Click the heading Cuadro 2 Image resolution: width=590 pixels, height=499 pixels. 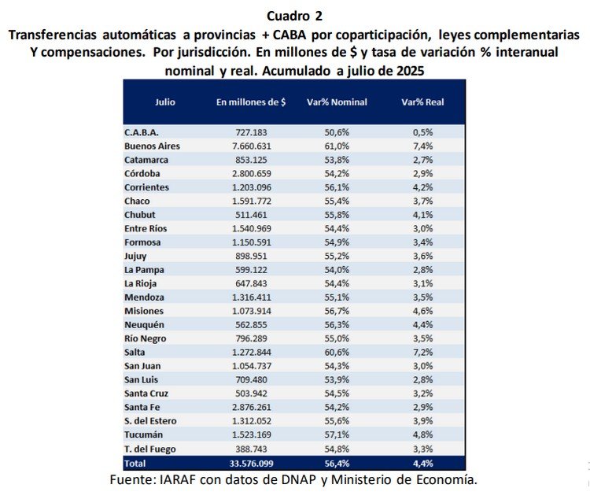pyautogui.click(x=295, y=17)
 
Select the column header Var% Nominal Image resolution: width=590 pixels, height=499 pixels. pyautogui.click(x=337, y=102)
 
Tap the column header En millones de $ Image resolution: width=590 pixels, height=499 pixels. pyautogui.click(x=251, y=102)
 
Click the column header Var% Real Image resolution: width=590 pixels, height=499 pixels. pyautogui.click(x=422, y=102)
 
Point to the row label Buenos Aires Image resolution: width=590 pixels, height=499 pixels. pyautogui.click(x=152, y=146)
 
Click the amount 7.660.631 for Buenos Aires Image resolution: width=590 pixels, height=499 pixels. pyautogui.click(x=252, y=146)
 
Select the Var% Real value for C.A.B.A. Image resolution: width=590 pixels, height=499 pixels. pyautogui.click(x=423, y=132)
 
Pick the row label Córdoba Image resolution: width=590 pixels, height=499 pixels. pyautogui.click(x=142, y=174)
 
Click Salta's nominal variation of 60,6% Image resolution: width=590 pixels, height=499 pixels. pyautogui.click(x=337, y=352)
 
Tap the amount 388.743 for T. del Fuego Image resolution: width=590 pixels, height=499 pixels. pyautogui.click(x=252, y=449)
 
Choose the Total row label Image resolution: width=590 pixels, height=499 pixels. pyautogui.click(x=135, y=464)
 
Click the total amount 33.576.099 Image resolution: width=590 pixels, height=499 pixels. pyautogui.click(x=252, y=464)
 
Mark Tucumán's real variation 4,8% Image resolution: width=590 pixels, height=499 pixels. pyautogui.click(x=423, y=434)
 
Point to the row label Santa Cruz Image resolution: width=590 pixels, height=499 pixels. pyautogui.click(x=146, y=394)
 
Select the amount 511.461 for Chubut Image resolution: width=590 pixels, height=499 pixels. pyautogui.click(x=252, y=215)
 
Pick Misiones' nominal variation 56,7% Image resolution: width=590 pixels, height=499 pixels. pyautogui.click(x=337, y=311)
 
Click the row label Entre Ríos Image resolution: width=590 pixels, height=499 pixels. pyautogui.click(x=146, y=228)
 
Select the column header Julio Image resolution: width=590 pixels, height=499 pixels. pyautogui.click(x=165, y=102)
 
